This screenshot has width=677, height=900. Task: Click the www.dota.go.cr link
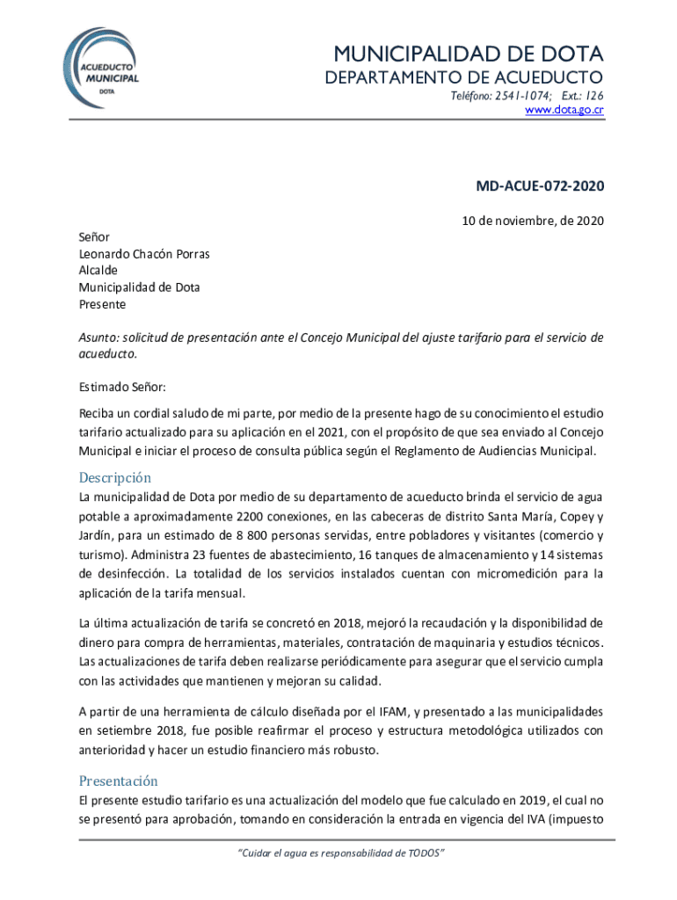tap(564, 110)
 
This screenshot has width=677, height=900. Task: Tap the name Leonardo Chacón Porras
tap(144, 254)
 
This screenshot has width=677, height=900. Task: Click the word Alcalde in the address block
tap(98, 271)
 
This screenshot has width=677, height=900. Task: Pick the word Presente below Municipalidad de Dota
tap(102, 304)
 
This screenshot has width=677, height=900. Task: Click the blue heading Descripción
tap(115, 478)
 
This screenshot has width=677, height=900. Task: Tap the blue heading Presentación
tap(119, 780)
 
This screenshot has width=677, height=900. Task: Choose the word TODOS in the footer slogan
tap(426, 853)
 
